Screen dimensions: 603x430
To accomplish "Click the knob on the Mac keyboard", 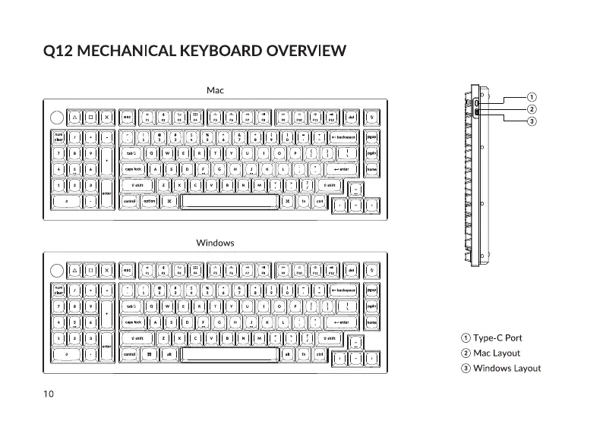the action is pyautogui.click(x=57, y=118).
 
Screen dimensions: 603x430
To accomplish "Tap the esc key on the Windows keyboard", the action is pyautogui.click(x=128, y=270).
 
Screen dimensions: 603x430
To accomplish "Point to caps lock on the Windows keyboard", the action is pyautogui.click(x=134, y=322).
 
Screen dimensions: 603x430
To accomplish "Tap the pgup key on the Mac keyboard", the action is pyautogui.click(x=371, y=137).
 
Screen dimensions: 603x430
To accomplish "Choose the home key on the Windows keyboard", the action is pyautogui.click(x=371, y=322).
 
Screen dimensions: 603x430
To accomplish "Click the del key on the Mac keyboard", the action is pyautogui.click(x=351, y=118).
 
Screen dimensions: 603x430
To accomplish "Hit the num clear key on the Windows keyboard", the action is pyautogui.click(x=58, y=290).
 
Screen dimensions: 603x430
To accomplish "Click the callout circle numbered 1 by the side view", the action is pyautogui.click(x=532, y=97).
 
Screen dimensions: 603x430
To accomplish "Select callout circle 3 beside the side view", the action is pyautogui.click(x=532, y=121).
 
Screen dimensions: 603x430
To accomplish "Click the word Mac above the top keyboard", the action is pyautogui.click(x=215, y=90).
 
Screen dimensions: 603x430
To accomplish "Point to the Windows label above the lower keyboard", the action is pyautogui.click(x=215, y=243).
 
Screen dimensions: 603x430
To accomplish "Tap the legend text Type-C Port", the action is pyautogui.click(x=497, y=337).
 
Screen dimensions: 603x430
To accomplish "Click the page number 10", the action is pyautogui.click(x=48, y=393).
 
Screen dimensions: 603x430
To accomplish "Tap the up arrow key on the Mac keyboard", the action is pyautogui.click(x=357, y=189).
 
